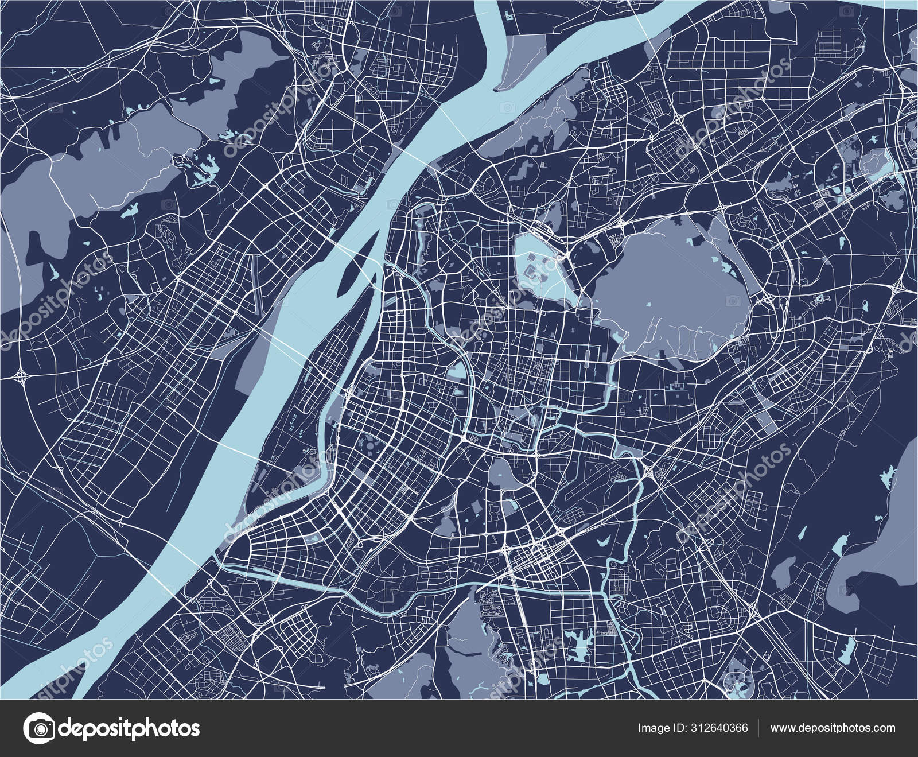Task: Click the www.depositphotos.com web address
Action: [833, 728]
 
